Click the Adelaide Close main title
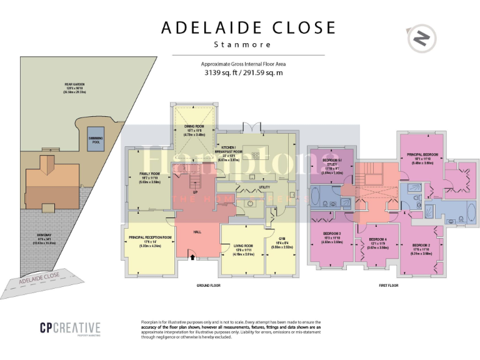[248, 28]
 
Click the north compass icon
[422, 39]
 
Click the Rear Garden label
[74, 84]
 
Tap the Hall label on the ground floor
[197, 232]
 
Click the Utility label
[264, 187]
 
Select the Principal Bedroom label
[422, 154]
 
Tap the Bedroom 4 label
[377, 239]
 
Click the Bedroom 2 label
[422, 245]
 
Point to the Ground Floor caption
[207, 285]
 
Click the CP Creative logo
[70, 327]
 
